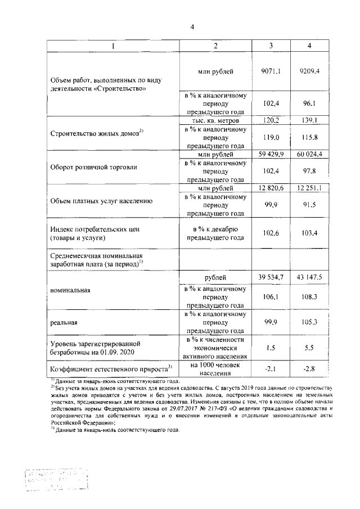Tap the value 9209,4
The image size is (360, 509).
[309, 71]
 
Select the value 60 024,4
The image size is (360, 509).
[309, 155]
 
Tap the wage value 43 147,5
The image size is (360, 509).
[309, 278]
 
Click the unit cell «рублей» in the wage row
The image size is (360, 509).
[215, 278]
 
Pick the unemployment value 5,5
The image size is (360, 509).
[309, 348]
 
